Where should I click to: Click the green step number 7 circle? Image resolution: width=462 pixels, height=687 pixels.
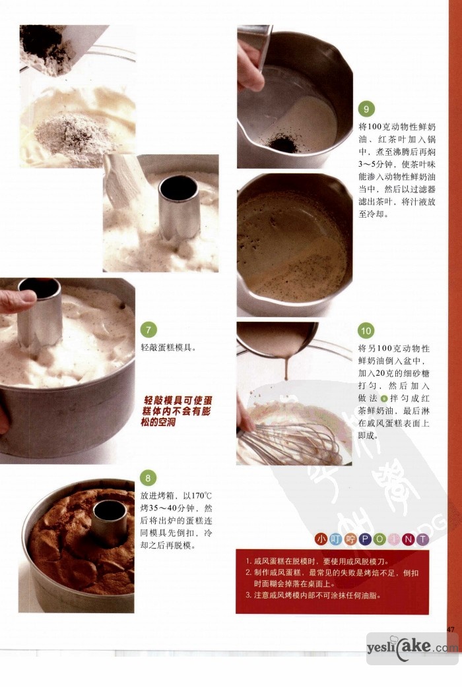click(x=148, y=330)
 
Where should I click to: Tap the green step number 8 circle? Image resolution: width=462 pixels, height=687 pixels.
click(x=148, y=477)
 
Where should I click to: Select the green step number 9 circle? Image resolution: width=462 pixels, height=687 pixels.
click(x=366, y=109)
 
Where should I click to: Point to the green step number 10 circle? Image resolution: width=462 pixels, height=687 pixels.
click(x=366, y=330)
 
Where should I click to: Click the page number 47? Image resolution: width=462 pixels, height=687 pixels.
click(x=451, y=629)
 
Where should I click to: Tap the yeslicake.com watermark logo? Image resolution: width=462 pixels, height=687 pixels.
click(x=412, y=647)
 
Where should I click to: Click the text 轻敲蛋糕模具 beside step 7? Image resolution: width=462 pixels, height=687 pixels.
click(x=168, y=348)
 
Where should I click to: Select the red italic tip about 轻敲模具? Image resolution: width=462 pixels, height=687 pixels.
click(x=178, y=411)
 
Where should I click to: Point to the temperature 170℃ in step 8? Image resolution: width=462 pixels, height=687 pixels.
click(x=201, y=496)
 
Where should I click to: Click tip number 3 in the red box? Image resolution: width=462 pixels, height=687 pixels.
click(x=313, y=595)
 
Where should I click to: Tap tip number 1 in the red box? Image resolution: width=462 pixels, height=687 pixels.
click(x=317, y=561)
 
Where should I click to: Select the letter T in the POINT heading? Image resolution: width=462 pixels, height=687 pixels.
click(x=422, y=539)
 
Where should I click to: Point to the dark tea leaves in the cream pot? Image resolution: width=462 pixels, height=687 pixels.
click(x=283, y=143)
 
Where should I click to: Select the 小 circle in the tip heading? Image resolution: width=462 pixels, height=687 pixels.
click(x=321, y=539)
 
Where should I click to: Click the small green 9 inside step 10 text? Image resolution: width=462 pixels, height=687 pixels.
click(x=384, y=398)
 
